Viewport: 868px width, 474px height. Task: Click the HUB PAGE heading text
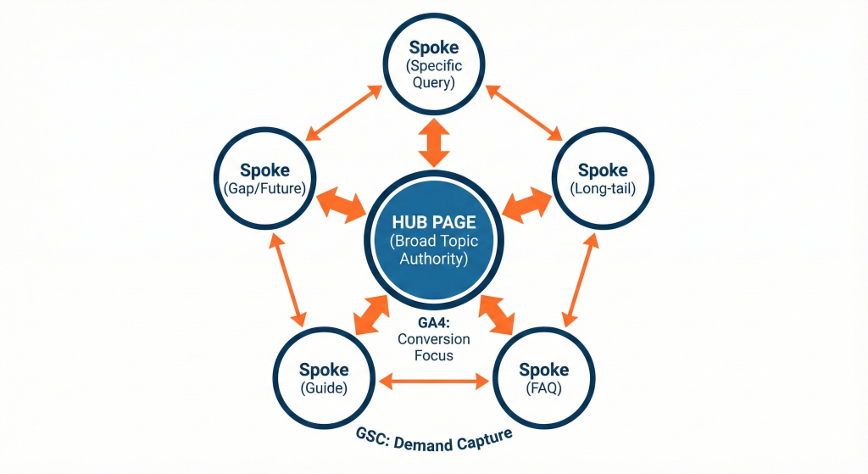click(433, 222)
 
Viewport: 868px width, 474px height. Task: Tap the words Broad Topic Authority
click(433, 250)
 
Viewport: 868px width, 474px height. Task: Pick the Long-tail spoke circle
click(602, 177)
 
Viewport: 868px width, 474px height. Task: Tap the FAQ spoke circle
click(543, 377)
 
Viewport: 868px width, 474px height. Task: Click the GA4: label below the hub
click(433, 323)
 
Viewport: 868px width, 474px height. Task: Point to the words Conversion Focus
click(433, 348)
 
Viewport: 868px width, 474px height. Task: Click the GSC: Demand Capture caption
click(434, 439)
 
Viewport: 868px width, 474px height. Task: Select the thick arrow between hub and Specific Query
click(434, 143)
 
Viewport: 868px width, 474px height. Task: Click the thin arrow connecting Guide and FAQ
click(434, 382)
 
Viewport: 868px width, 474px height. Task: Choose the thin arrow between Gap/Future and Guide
click(286, 277)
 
